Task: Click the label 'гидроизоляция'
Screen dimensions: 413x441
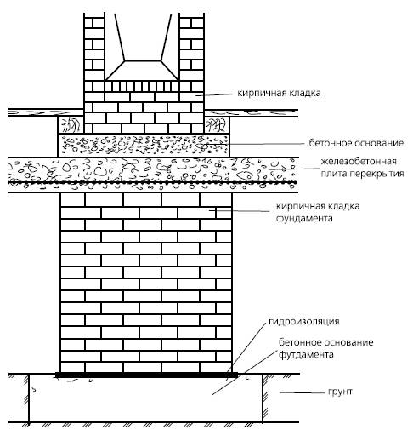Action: click(303, 322)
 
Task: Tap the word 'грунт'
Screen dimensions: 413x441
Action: click(340, 392)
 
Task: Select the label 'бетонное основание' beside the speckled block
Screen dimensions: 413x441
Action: click(356, 143)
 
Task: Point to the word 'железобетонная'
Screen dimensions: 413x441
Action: click(359, 162)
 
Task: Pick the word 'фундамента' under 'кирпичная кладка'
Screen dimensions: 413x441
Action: click(304, 218)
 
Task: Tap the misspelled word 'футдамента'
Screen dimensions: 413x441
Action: click(306, 354)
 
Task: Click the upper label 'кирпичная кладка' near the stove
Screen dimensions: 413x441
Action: click(279, 93)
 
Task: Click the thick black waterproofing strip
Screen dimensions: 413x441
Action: click(146, 375)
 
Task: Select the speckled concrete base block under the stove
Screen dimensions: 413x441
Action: click(144, 146)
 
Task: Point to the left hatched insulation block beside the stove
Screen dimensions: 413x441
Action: click(71, 125)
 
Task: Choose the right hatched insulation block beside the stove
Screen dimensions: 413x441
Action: click(217, 125)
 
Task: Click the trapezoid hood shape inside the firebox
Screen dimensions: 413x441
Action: click(142, 71)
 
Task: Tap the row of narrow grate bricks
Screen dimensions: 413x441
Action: click(142, 86)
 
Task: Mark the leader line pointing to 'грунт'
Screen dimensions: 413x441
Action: click(302, 392)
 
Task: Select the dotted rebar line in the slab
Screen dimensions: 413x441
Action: click(153, 183)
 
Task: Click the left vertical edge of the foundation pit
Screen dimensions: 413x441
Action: click(29, 398)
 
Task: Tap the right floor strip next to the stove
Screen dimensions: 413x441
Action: click(252, 113)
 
